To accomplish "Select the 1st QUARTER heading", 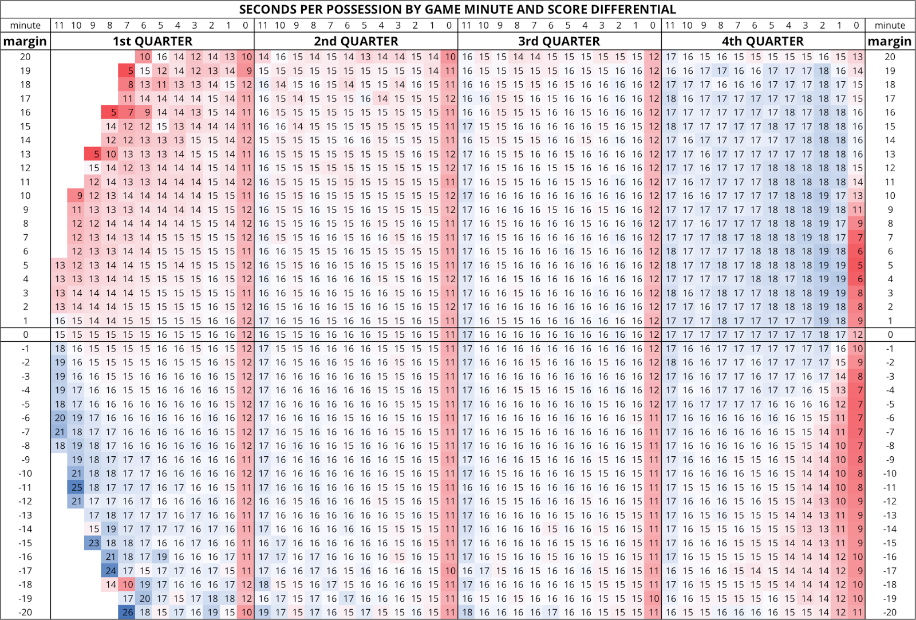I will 152,41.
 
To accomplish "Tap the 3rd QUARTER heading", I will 559,41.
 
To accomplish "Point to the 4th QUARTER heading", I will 763,41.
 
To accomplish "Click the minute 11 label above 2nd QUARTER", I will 263,25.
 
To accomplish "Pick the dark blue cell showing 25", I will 77,487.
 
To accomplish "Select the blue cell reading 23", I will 94,543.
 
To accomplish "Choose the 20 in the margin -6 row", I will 60,418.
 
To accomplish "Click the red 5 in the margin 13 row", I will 94,154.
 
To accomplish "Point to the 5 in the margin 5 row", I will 857,265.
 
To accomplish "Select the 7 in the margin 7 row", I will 857,238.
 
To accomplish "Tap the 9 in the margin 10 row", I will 77,196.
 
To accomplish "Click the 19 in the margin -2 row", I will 60,362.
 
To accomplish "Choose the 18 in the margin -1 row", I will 60,349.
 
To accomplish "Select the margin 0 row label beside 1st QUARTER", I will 25,334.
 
